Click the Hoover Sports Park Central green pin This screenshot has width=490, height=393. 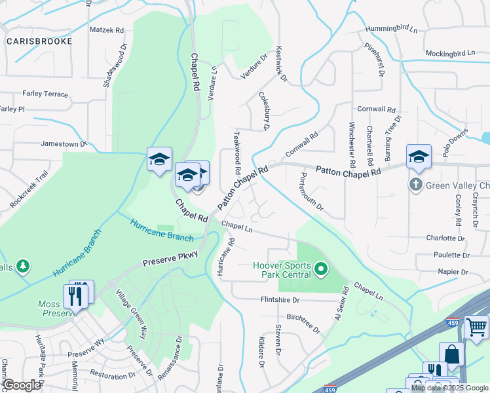[320, 269]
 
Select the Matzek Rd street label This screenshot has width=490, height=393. [106, 30]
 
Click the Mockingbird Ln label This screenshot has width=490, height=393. [450, 52]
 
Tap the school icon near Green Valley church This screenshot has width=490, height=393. [419, 157]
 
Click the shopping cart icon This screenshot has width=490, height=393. [476, 326]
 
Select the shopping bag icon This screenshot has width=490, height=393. [451, 354]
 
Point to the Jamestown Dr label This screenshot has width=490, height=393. [64, 143]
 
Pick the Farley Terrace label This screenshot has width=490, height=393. [45, 94]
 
